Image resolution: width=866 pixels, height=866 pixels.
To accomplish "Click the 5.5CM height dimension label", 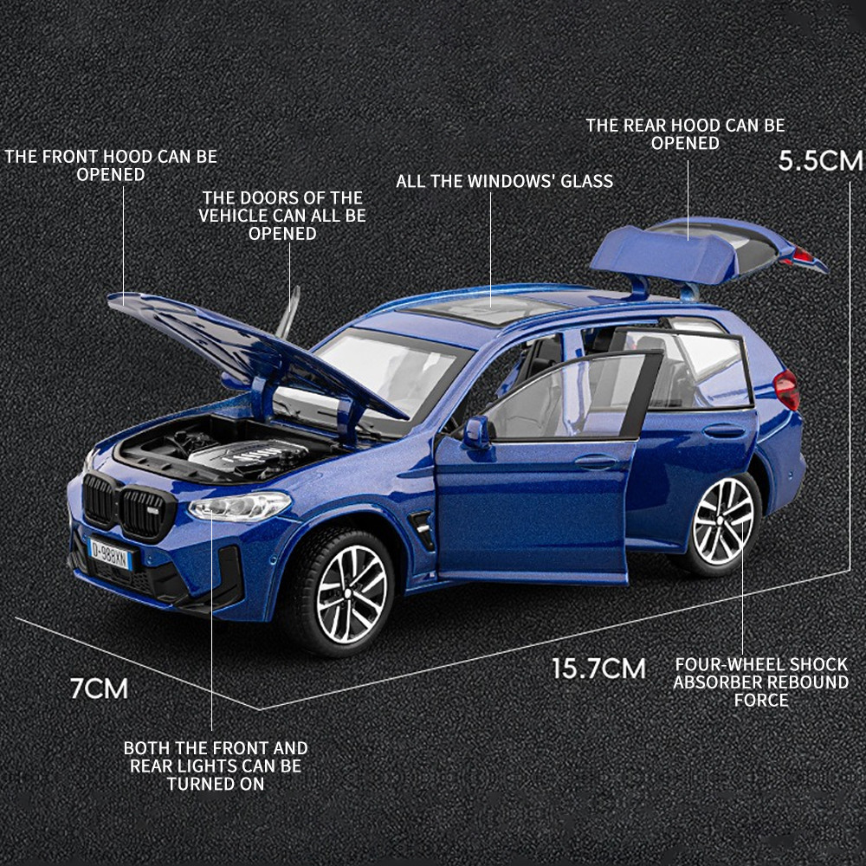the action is pyautogui.click(x=820, y=161).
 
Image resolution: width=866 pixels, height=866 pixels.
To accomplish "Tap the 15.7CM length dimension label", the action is pyautogui.click(x=598, y=669).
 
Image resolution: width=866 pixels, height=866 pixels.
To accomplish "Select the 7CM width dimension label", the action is pyautogui.click(x=100, y=688).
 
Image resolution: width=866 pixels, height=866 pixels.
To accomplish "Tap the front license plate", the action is pyautogui.click(x=111, y=554).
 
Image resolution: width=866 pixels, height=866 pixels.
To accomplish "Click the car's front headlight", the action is pyautogui.click(x=239, y=506).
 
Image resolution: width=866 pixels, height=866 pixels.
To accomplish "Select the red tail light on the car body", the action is pyautogui.click(x=787, y=390).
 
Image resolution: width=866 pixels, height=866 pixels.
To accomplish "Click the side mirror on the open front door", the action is pyautogui.click(x=476, y=431).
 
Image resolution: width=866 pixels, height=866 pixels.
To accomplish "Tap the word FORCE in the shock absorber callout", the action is pyautogui.click(x=760, y=701).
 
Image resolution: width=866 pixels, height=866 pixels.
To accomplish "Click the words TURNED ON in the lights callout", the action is pyautogui.click(x=216, y=785).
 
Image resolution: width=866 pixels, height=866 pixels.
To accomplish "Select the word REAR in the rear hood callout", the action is pyautogui.click(x=645, y=126).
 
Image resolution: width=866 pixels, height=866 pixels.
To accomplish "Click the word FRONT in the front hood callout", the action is pyautogui.click(x=71, y=156).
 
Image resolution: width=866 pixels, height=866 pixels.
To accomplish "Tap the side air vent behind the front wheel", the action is pyautogui.click(x=423, y=529).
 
